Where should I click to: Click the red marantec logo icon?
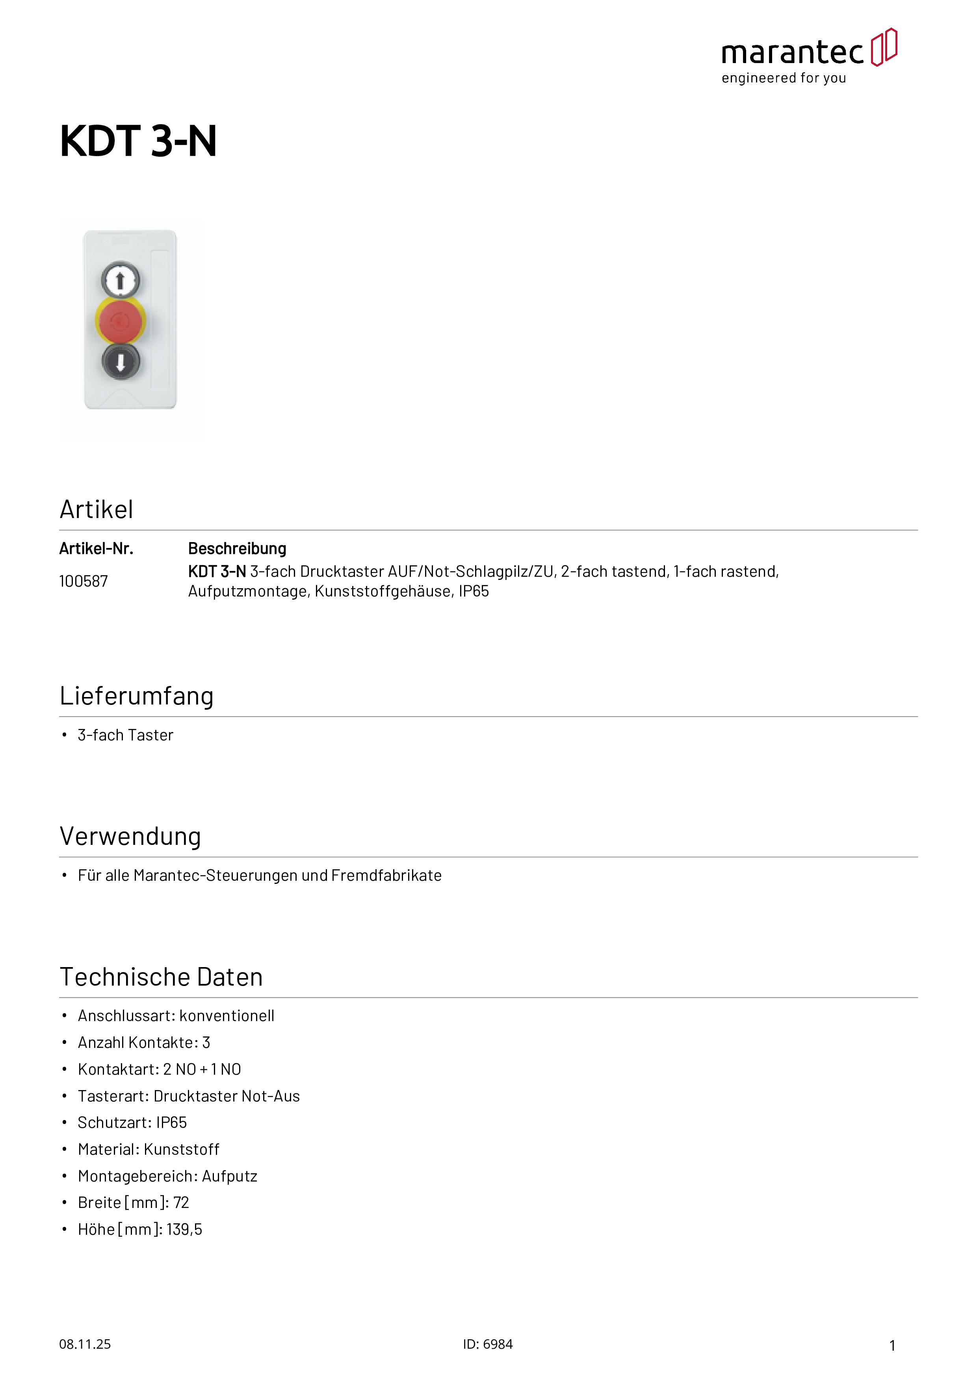884,47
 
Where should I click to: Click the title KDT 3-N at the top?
138,142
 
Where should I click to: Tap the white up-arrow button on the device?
121,280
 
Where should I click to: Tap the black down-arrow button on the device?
121,362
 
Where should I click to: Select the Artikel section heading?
96,510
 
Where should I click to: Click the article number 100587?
83,581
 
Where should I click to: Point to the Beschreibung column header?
237,549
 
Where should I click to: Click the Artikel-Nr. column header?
96,549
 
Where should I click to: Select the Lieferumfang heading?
137,696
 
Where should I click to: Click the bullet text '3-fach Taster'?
125,736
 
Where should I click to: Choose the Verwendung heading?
130,837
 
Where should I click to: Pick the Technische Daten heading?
162,977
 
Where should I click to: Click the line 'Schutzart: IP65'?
132,1123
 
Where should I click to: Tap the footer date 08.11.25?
85,1344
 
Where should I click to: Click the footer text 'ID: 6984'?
488,1344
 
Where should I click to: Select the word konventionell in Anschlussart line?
227,1016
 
